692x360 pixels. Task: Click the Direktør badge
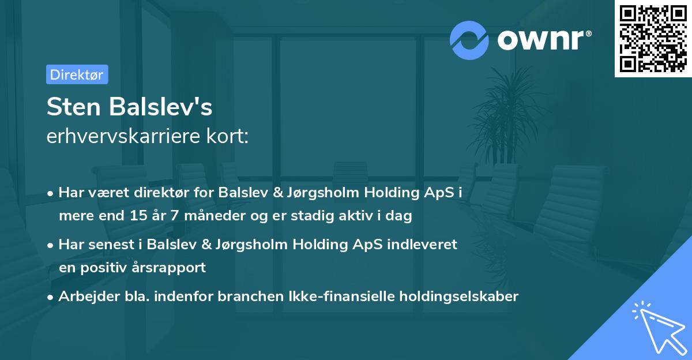[77, 74]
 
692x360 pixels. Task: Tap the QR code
[652, 39]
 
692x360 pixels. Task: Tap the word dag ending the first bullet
[400, 216]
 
